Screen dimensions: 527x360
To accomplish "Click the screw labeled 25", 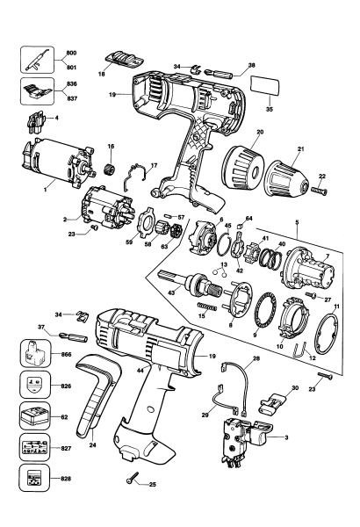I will click(x=133, y=477).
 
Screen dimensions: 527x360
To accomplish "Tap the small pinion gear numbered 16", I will click(x=112, y=164).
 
